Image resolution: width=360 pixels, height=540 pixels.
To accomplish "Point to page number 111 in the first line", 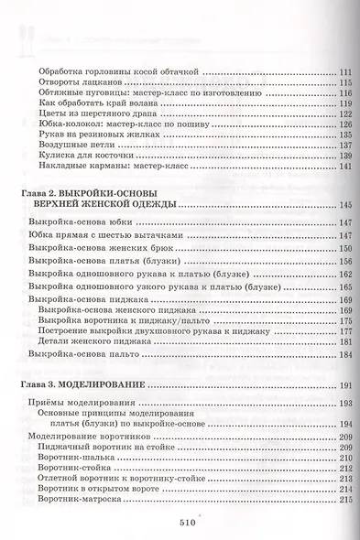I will tap(344, 72).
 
